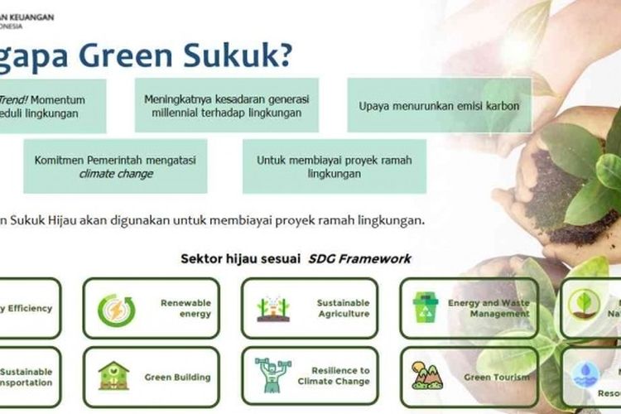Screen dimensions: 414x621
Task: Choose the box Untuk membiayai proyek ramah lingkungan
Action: pos(334,166)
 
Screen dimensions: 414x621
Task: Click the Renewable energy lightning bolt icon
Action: pos(116,310)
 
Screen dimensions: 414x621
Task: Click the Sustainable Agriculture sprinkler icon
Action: pos(273,309)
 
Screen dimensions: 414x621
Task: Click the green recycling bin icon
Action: pos(426,308)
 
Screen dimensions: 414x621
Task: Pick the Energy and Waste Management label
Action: pos(489,308)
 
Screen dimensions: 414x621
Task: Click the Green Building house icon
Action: pos(113,376)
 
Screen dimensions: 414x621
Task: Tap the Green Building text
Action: pos(178,378)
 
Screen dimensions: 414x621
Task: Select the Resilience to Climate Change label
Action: pos(335,376)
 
